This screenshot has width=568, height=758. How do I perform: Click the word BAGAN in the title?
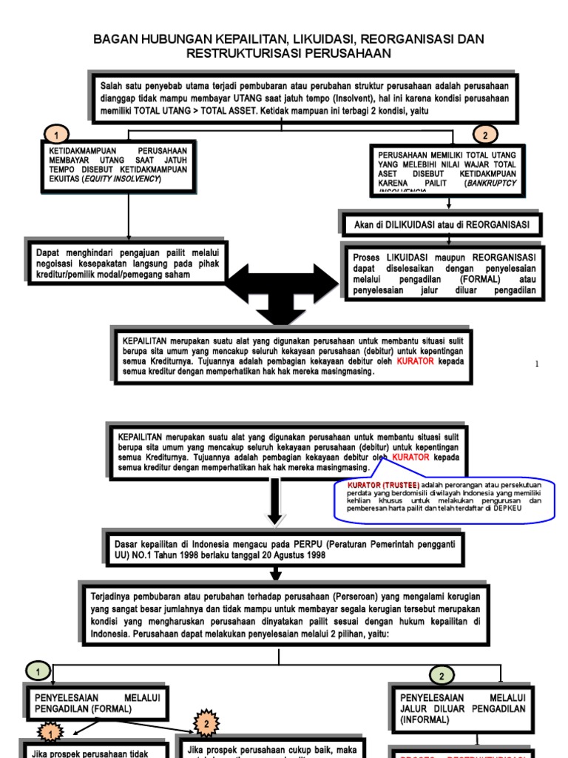pos(114,39)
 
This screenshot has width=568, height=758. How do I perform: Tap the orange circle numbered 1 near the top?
pos(56,135)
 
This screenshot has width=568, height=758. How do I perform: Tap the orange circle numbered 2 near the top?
pos(485,135)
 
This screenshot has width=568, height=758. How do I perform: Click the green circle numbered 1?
pos(38,671)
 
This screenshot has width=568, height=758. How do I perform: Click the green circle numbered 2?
pos(442,675)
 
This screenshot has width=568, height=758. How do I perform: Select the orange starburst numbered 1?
pos(50,733)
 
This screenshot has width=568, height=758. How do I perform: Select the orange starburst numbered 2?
pos(208,722)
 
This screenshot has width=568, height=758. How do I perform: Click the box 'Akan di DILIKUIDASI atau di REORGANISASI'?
pos(442,224)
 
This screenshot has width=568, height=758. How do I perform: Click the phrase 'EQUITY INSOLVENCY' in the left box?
pos(121,179)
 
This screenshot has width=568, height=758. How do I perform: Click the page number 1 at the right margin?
pos(537,363)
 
